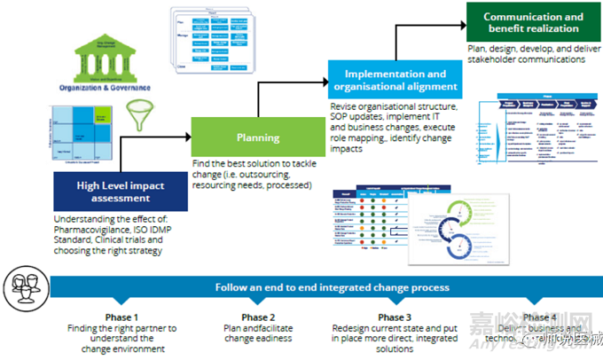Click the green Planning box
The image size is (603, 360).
coord(258,138)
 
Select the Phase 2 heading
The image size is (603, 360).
coord(259,317)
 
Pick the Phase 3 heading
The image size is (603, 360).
coord(395,317)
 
